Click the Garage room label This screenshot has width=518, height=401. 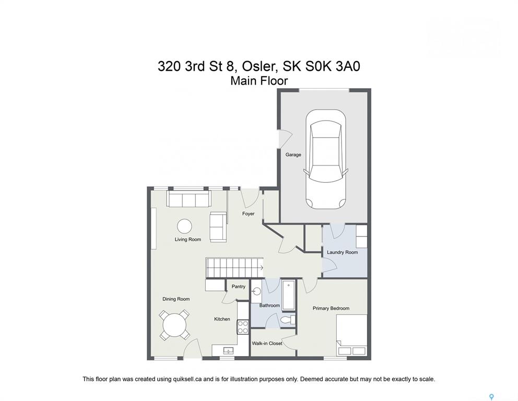coord(293,155)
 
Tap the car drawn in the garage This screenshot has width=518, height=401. coord(326,159)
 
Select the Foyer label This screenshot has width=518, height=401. coord(249,214)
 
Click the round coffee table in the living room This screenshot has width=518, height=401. coord(184,227)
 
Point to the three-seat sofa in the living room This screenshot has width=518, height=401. coord(189,199)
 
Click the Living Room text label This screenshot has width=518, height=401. coord(187,240)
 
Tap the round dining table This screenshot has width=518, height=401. coord(174,325)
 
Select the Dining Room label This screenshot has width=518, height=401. coord(176,299)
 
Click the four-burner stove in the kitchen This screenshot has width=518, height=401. coord(243,327)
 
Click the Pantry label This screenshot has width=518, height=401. coord(239,286)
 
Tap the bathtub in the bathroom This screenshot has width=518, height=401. coord(288,296)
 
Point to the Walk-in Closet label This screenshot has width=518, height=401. coord(267,344)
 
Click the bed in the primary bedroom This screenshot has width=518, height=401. coord(351,335)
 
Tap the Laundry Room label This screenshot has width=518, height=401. coord(342,252)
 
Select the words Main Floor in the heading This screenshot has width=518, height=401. coord(259,80)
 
